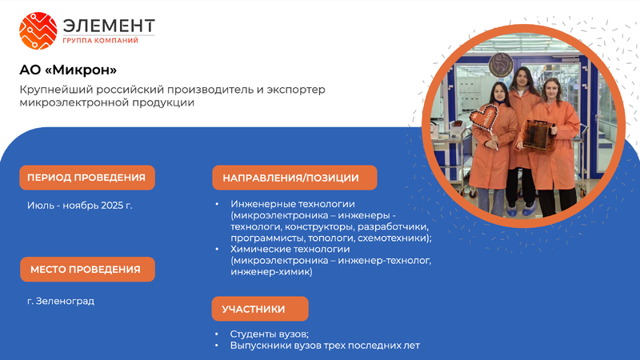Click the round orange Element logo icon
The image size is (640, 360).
(38, 30)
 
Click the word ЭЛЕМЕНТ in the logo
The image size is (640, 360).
(109, 26)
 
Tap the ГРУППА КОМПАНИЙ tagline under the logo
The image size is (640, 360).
(101, 41)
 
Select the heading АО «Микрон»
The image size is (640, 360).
(68, 70)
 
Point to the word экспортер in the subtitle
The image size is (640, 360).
(296, 90)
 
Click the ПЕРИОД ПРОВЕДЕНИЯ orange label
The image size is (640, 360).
(87, 178)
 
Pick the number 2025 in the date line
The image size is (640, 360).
(112, 206)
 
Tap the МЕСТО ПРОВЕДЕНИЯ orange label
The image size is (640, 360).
(87, 270)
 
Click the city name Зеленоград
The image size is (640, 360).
(66, 302)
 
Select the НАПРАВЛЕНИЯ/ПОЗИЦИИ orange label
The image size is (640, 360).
(294, 178)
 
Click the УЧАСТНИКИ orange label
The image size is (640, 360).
(260, 309)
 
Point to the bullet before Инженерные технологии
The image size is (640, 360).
(217, 204)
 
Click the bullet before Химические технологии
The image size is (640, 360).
(217, 249)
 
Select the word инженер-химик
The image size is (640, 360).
(270, 272)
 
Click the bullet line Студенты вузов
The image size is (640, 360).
(270, 334)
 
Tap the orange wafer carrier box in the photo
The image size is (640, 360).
(538, 134)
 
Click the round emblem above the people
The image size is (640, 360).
(501, 66)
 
